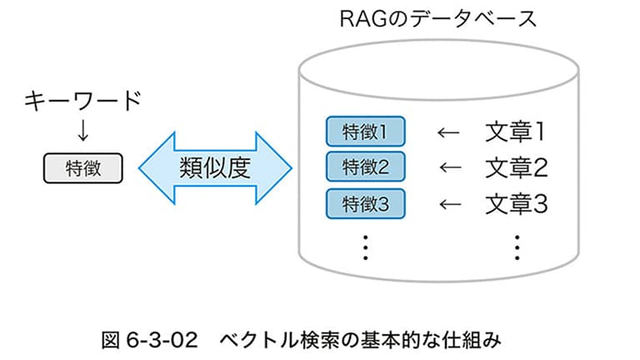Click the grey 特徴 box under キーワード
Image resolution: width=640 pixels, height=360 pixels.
pyautogui.click(x=82, y=168)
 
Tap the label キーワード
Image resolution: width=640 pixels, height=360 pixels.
pyautogui.click(x=82, y=101)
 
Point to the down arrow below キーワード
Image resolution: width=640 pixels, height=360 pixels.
pyautogui.click(x=82, y=131)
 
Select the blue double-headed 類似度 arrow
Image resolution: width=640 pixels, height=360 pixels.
pyautogui.click(x=215, y=167)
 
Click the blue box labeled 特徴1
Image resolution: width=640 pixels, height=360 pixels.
pyautogui.click(x=365, y=132)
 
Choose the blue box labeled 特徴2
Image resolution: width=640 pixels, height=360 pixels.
pyautogui.click(x=365, y=167)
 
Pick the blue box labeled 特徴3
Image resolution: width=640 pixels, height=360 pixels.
pyautogui.click(x=365, y=203)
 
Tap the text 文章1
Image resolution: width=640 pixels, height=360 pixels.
pyautogui.click(x=515, y=132)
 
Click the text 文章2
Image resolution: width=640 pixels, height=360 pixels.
pyautogui.click(x=517, y=167)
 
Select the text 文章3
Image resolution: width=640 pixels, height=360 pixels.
pyautogui.click(x=517, y=204)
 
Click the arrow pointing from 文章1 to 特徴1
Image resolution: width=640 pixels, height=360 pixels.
pyautogui.click(x=448, y=132)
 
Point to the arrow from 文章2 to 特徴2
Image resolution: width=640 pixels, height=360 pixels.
pyautogui.click(x=450, y=167)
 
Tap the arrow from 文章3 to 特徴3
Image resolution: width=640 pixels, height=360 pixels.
pyautogui.click(x=450, y=204)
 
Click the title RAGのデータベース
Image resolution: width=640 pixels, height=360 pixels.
pyautogui.click(x=438, y=19)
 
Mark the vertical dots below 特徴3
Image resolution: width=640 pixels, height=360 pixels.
pyautogui.click(x=366, y=247)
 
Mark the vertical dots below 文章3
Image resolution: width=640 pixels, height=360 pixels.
pyautogui.click(x=517, y=247)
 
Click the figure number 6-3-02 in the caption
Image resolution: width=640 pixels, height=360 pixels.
pyautogui.click(x=162, y=340)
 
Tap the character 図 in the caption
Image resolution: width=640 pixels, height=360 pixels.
pyautogui.click(x=111, y=340)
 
